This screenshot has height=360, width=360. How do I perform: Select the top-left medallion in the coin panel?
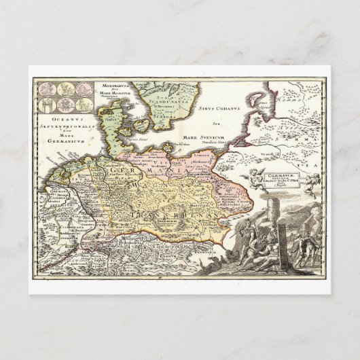[48, 89]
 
